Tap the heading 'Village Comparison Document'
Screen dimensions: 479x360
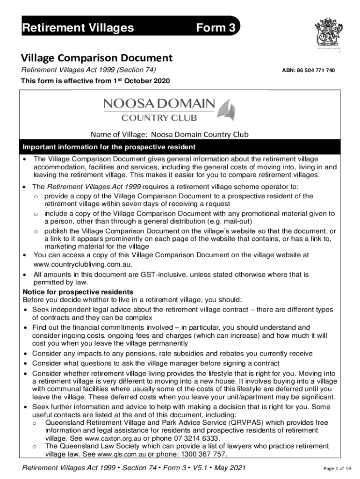[x=97, y=58]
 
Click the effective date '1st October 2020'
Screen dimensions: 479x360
[x=141, y=81]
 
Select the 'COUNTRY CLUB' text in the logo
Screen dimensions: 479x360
[x=159, y=117]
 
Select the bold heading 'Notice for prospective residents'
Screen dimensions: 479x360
[x=78, y=292]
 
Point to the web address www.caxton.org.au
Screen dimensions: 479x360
[x=112, y=438]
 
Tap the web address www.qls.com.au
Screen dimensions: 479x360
[x=121, y=454]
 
